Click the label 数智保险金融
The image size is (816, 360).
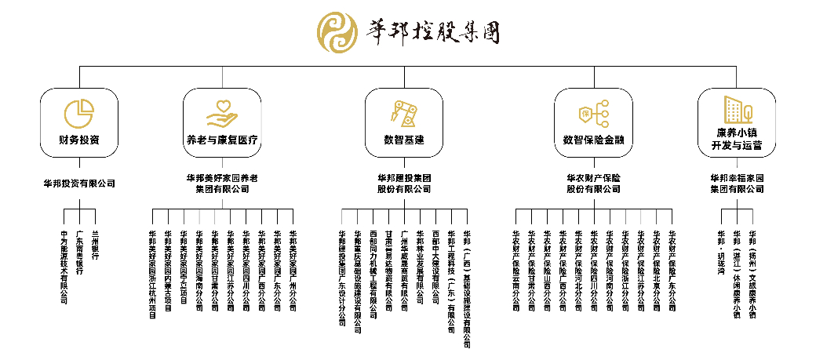tap(593, 142)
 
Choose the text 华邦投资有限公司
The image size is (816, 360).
tap(79, 184)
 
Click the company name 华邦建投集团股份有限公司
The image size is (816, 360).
tap(404, 184)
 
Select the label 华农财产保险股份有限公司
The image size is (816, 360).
tap(593, 184)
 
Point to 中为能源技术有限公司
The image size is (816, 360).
tap(64, 267)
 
